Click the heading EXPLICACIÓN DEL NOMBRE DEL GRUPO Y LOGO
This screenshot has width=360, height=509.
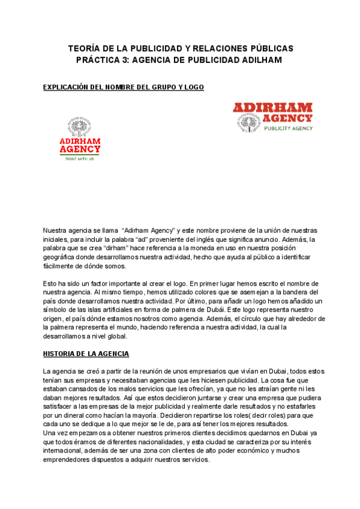tap(124, 88)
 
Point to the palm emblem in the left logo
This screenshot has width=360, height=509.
tap(80, 127)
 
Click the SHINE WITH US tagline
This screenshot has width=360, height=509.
tap(80, 158)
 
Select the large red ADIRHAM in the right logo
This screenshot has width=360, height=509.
tap(273, 108)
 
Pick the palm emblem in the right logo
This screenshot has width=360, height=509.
tap(247, 122)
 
